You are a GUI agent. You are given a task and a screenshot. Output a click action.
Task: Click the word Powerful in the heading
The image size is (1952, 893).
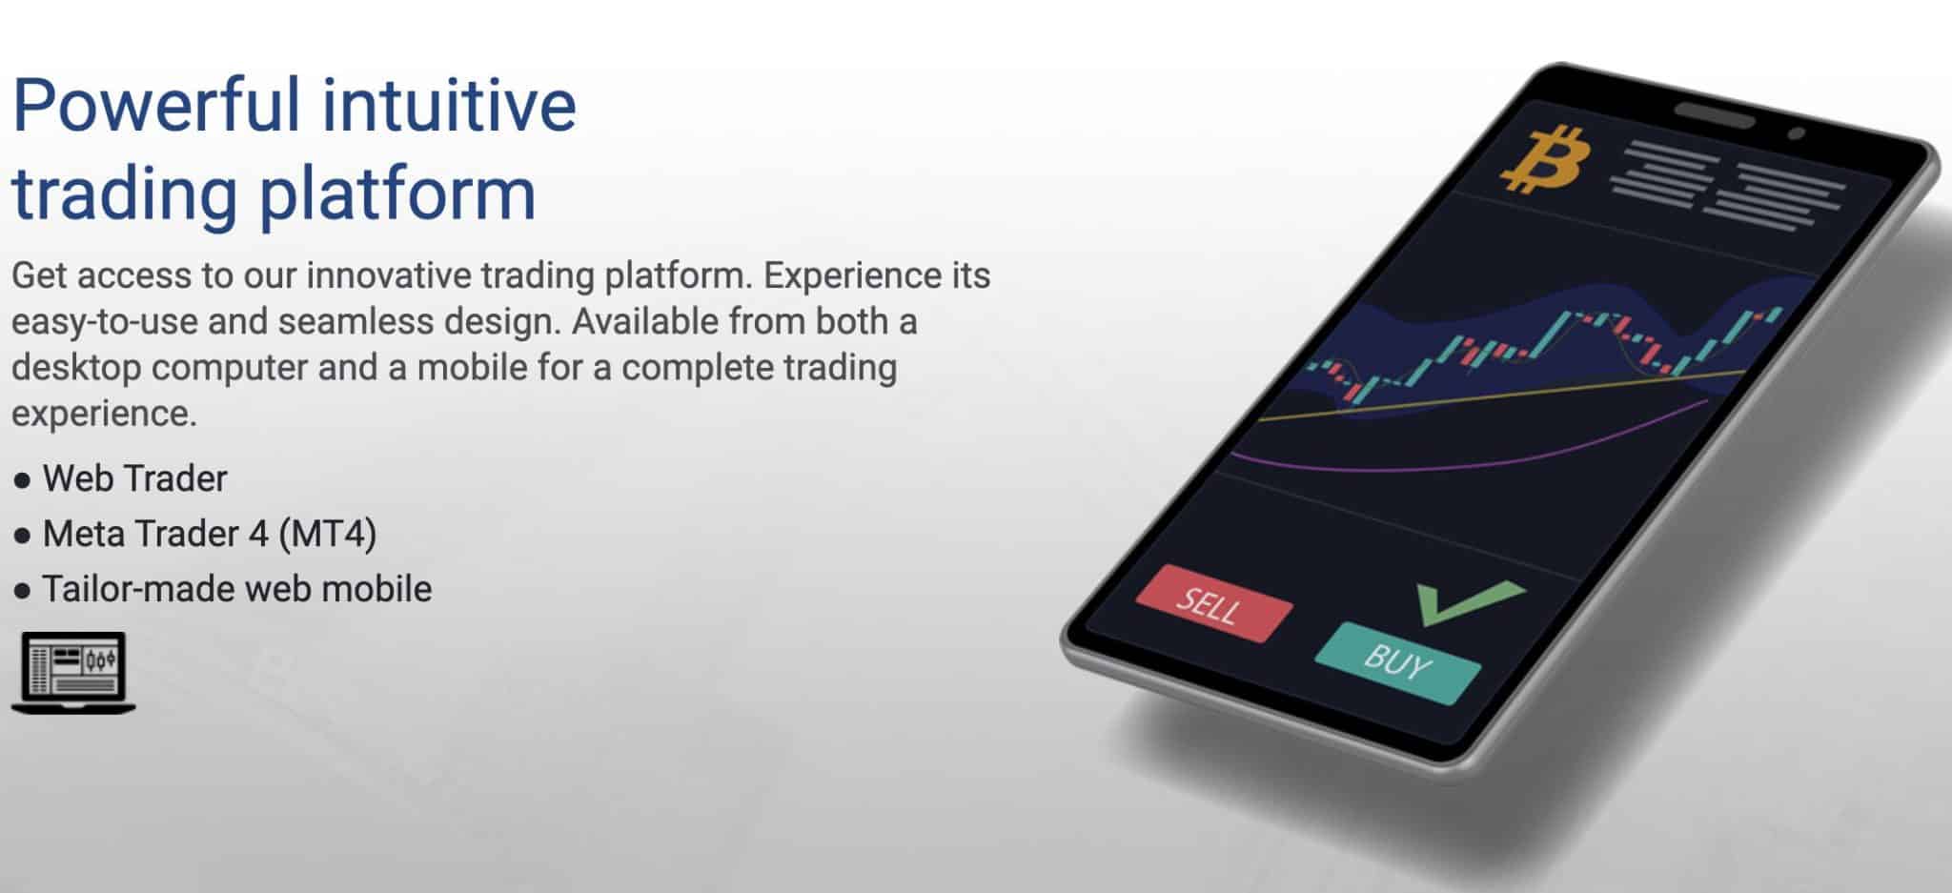pyautogui.click(x=156, y=105)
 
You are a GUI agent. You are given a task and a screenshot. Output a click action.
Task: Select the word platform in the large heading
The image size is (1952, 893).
pyautogui.click(x=397, y=193)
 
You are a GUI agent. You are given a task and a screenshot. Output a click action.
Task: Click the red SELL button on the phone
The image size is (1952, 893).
pyautogui.click(x=1212, y=603)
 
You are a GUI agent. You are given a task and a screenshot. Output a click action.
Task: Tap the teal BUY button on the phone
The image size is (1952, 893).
pyautogui.click(x=1397, y=661)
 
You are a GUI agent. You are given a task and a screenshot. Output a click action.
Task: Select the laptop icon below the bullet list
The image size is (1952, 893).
pyautogui.click(x=73, y=673)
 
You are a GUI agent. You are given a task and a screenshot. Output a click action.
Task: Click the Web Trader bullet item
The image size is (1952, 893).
pyautogui.click(x=134, y=478)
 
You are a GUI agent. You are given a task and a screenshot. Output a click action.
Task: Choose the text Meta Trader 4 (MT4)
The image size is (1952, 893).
pyautogui.click(x=210, y=534)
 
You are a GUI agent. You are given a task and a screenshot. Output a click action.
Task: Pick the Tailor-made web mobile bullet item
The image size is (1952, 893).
pyautogui.click(x=236, y=589)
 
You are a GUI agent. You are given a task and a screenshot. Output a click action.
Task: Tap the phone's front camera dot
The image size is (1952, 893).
pyautogui.click(x=1797, y=134)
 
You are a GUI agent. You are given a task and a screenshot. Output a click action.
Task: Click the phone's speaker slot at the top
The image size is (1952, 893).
pyautogui.click(x=1714, y=114)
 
